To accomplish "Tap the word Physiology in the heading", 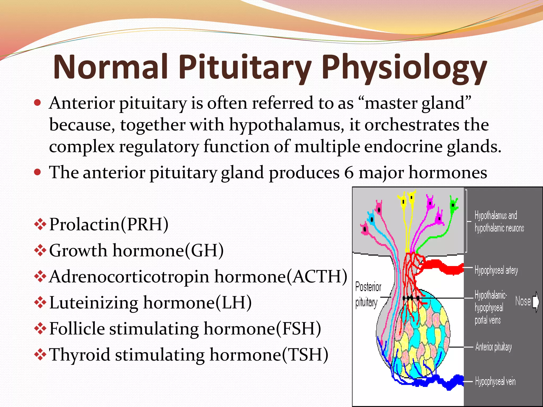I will pos(404,68).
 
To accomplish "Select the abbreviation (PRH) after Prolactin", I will pos(144,224).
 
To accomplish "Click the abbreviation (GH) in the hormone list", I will pos(204,250).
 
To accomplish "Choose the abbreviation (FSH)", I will pos(299,329).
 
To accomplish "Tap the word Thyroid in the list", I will pos(80,355).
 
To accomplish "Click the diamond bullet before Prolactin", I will pos(40,225).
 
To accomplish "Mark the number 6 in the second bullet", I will pos(349,173).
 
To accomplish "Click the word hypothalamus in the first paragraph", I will pos(285,125).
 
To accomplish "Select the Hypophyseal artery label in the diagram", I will pos(496,270).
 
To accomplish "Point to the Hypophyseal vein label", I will pos(495,382).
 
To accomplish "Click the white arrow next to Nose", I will pos(536,301).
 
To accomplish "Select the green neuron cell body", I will pos(454,205).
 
